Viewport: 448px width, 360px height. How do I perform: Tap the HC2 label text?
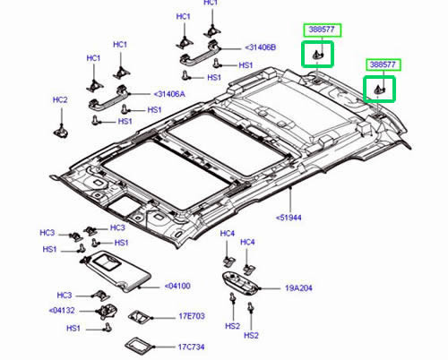click(x=59, y=99)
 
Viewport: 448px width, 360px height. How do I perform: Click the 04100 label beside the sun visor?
click(x=178, y=287)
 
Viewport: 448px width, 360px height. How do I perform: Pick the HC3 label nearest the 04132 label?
click(x=64, y=295)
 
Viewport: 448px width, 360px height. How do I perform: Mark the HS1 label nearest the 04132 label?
click(x=73, y=330)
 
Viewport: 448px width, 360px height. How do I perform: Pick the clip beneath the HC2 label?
click(x=62, y=131)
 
